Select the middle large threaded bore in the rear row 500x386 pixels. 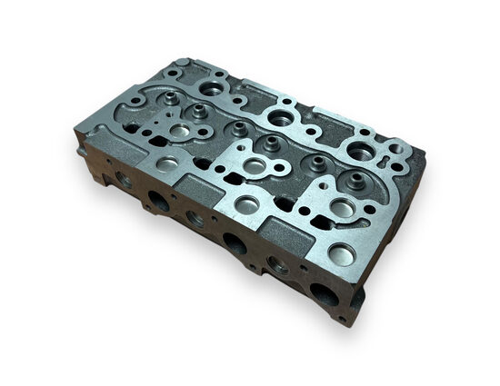281,117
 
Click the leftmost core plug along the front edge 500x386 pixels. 167,163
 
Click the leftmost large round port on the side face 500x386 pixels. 159,201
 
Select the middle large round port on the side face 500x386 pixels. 234,242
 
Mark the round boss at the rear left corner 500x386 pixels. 184,65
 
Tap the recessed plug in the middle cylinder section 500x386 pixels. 255,167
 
